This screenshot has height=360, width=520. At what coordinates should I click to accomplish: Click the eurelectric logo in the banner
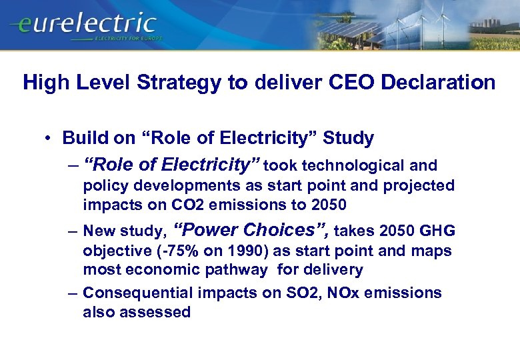tap(83, 24)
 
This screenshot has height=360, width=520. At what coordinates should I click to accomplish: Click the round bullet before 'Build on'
tap(49, 139)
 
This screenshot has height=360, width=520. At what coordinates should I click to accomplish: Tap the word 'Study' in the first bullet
tap(348, 138)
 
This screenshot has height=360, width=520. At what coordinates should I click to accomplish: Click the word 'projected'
tap(423, 185)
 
